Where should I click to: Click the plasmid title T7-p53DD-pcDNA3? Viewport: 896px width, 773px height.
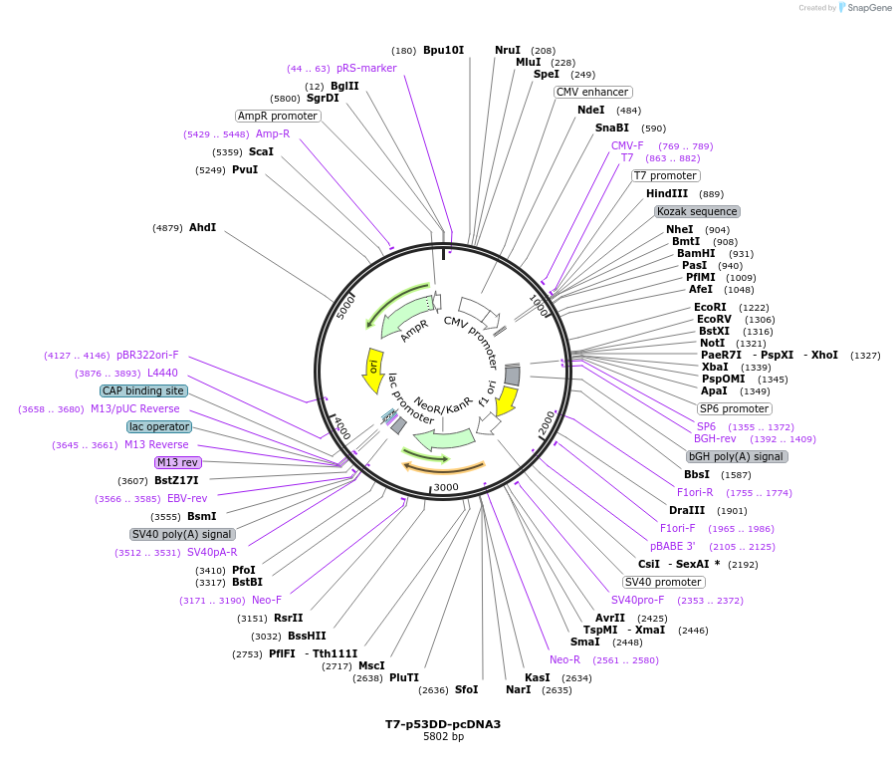[443, 724]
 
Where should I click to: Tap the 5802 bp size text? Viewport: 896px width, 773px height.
[443, 737]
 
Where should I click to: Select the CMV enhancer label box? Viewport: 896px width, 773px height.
[592, 92]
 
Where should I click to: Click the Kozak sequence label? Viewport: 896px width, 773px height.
[697, 211]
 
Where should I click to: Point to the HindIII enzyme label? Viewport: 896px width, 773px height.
[667, 194]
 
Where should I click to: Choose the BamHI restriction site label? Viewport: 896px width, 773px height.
[696, 254]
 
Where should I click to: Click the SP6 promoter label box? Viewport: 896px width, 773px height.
[735, 408]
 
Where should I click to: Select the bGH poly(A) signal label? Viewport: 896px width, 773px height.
[737, 456]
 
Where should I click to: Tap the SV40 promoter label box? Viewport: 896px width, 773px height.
[664, 582]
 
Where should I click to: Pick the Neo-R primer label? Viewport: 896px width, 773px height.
[564, 659]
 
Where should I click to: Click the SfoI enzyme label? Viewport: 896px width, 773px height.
[466, 689]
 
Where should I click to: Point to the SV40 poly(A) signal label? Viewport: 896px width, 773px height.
[182, 534]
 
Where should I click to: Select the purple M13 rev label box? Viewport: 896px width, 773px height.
[178, 462]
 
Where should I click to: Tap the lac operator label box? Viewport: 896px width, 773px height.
[159, 426]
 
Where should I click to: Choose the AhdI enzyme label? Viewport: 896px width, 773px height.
[202, 228]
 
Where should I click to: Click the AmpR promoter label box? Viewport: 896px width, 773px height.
[278, 116]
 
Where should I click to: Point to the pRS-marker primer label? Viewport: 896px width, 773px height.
[366, 69]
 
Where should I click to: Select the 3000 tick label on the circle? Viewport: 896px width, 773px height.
[445, 487]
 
